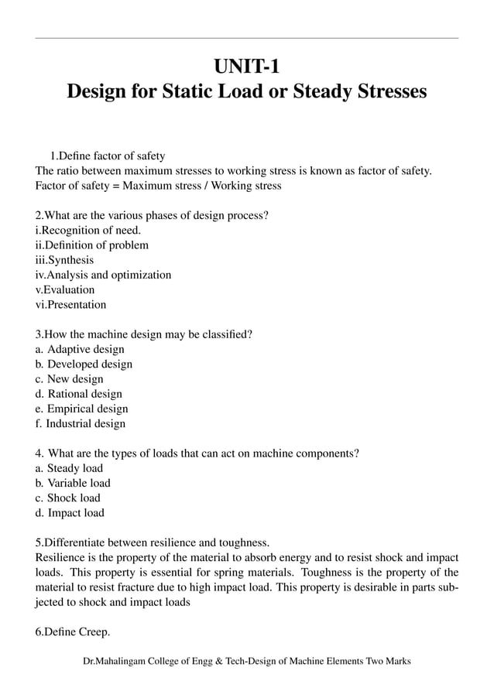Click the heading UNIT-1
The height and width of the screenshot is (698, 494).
pyautogui.click(x=247, y=61)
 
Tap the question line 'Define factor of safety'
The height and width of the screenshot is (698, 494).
pyautogui.click(x=108, y=156)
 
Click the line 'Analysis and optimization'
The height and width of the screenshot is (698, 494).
pyautogui.click(x=104, y=275)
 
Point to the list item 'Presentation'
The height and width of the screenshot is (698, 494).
pyautogui.click(x=71, y=305)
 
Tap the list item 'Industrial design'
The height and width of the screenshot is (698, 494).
pyautogui.click(x=81, y=423)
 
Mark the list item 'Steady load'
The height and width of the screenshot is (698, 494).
pyautogui.click(x=70, y=468)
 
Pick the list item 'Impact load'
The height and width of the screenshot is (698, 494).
pyautogui.click(x=70, y=512)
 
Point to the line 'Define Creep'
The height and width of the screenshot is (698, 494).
pyautogui.click(x=73, y=632)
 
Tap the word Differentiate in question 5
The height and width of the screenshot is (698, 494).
pyautogui.click(x=75, y=542)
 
